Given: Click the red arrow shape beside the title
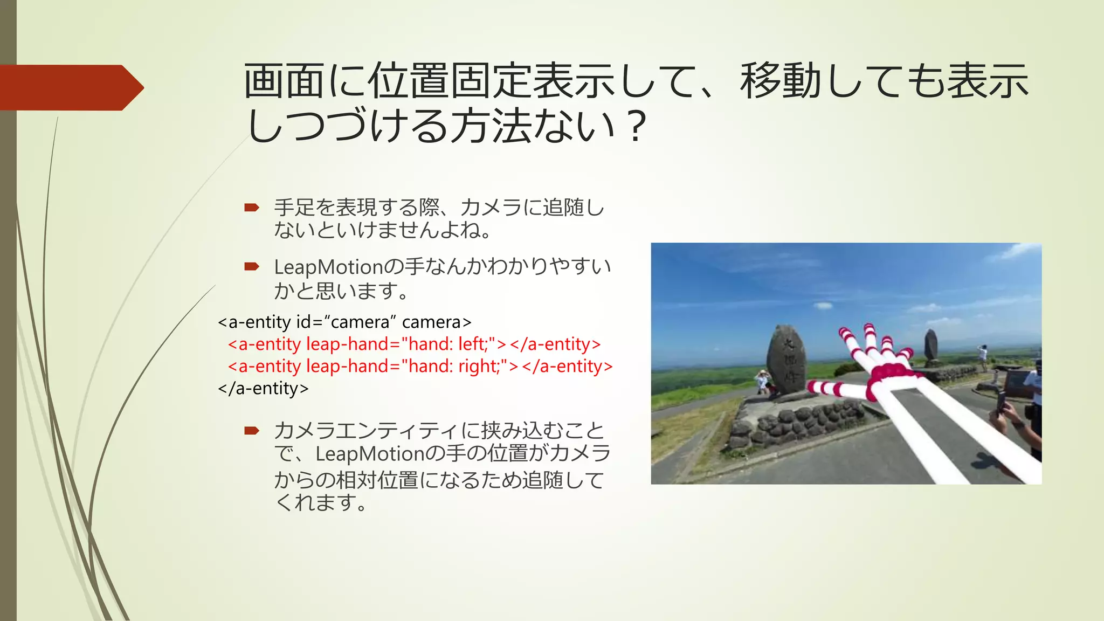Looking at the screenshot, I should point(70,87).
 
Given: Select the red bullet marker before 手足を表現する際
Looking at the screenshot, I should point(252,208).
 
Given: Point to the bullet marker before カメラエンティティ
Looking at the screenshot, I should point(252,430).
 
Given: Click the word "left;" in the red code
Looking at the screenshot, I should point(477,344).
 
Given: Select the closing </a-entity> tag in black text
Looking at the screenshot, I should point(263,389).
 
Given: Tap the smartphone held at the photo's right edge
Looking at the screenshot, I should point(1001,401).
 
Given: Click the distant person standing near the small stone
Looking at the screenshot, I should point(983,356).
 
